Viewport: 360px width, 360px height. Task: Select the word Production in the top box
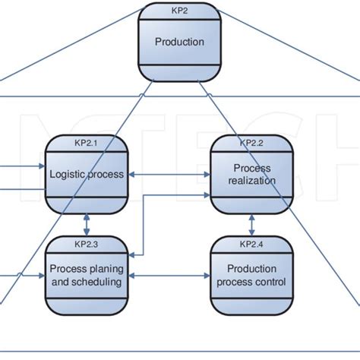coord(180,42)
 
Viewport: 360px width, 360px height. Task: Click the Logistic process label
coord(87,174)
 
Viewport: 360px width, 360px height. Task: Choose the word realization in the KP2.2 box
coord(251,181)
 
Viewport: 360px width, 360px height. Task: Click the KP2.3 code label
coord(87,244)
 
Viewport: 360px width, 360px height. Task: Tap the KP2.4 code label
coord(251,244)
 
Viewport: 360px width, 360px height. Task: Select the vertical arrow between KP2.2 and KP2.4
coord(251,224)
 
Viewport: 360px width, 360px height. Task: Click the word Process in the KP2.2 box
coord(251,167)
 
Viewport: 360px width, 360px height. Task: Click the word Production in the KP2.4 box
coord(251,268)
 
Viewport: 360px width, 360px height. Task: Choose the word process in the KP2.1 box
coord(106,174)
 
